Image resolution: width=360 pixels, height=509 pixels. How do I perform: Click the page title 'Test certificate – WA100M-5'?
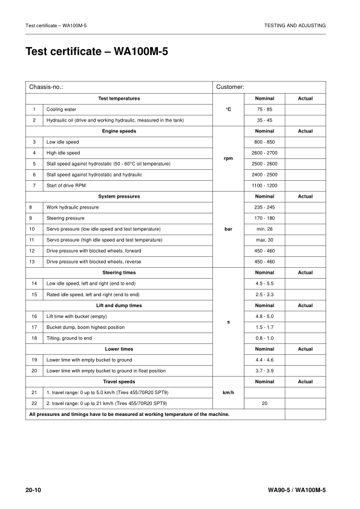(x=97, y=52)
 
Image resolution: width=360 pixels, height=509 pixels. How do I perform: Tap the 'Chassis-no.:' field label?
(x=46, y=87)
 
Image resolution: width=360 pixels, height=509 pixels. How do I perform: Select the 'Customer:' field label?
(x=230, y=87)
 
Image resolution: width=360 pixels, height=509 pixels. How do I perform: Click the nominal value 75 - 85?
(x=264, y=109)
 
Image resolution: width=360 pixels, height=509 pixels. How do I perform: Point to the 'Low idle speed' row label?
(x=63, y=142)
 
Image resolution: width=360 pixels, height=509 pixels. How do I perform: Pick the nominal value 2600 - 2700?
(x=264, y=153)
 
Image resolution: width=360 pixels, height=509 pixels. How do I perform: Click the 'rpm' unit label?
(x=228, y=158)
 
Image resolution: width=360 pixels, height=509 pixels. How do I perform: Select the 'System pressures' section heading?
(x=119, y=196)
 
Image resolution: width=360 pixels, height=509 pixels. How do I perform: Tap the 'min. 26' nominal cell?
(x=264, y=229)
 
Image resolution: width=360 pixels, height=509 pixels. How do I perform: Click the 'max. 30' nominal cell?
(x=264, y=240)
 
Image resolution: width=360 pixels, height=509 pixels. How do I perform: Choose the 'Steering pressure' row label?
(x=65, y=218)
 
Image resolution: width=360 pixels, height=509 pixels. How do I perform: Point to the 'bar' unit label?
(x=228, y=229)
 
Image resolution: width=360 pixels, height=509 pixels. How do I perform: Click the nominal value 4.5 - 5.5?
(x=264, y=284)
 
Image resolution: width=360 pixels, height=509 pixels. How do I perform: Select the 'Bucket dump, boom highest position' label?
(x=85, y=327)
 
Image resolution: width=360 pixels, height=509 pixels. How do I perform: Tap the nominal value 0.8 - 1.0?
(x=264, y=338)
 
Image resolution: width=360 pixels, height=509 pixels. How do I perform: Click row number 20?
(x=34, y=371)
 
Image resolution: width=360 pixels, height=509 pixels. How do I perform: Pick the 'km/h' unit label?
(x=228, y=392)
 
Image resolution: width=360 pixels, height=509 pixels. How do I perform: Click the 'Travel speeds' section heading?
(x=119, y=381)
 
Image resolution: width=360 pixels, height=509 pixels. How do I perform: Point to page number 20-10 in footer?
(x=33, y=489)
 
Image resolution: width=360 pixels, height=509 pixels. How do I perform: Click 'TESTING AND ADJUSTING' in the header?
(x=295, y=25)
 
